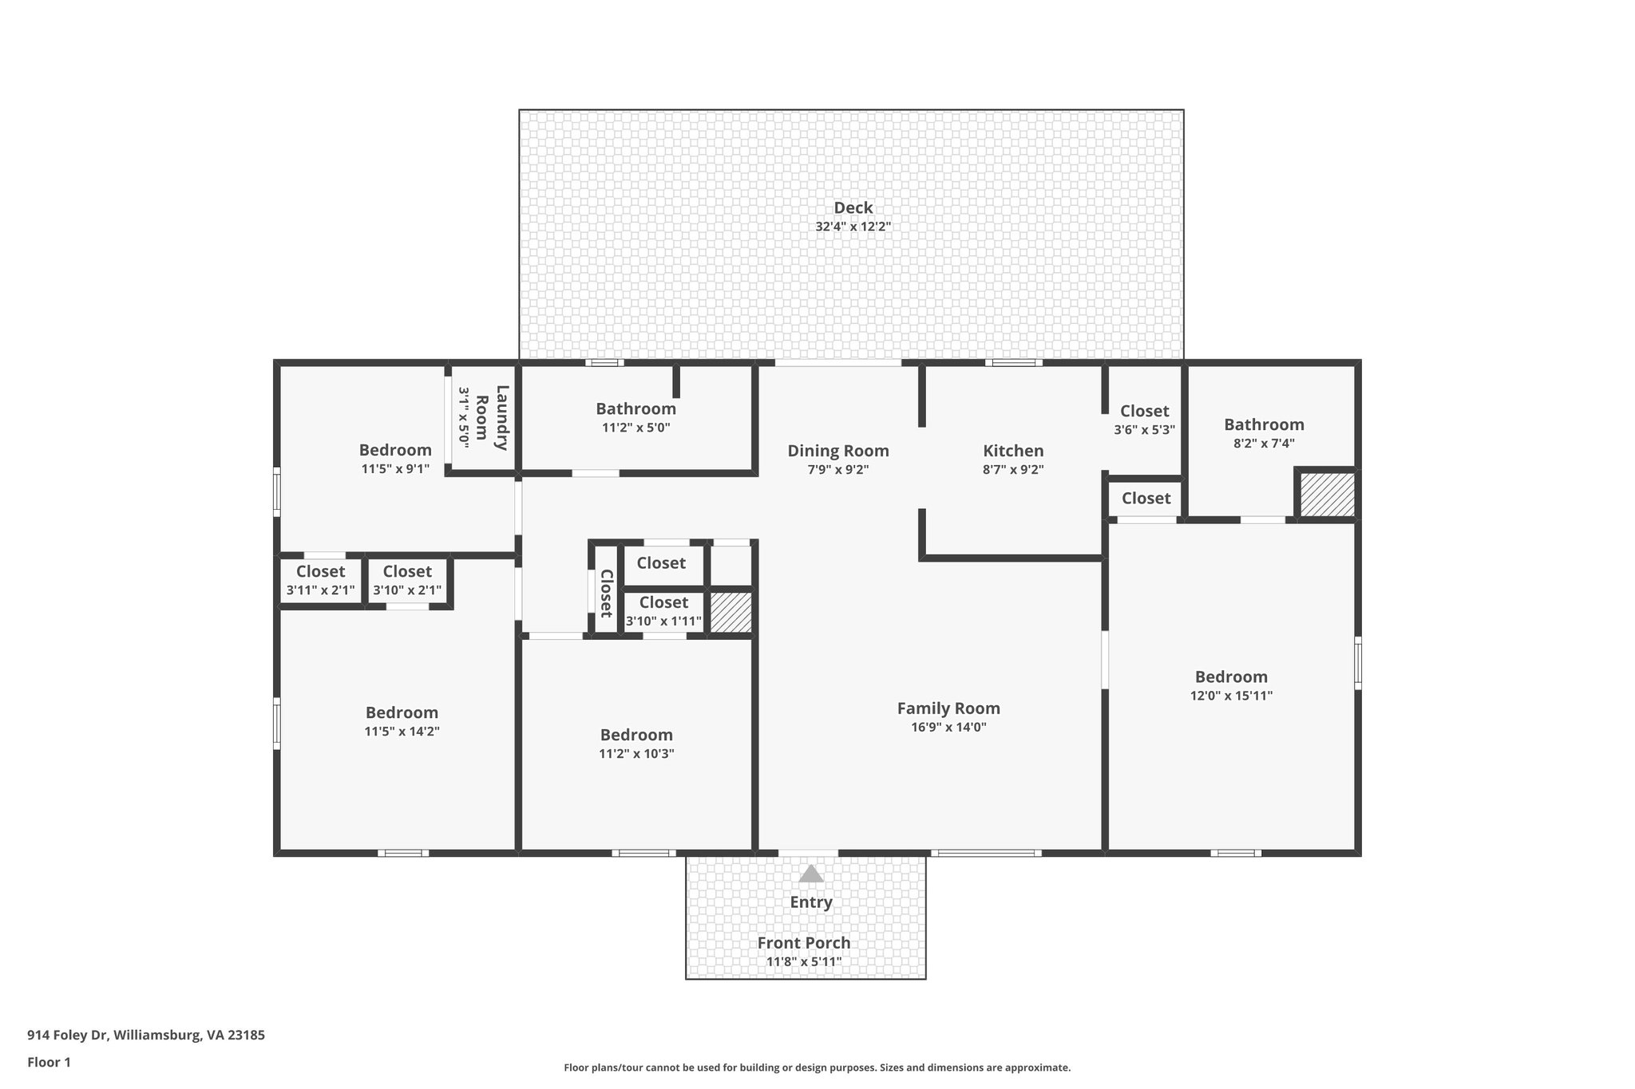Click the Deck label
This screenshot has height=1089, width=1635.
pos(853,208)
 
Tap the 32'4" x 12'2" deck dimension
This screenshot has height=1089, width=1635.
pos(853,227)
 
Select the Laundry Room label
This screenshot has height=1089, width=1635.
pos(491,417)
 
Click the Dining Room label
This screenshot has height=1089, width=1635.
pos(837,451)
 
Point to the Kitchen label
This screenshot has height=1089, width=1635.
pos(1012,451)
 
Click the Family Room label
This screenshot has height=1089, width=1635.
pos(948,708)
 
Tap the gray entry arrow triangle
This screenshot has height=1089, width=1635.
pos(811,874)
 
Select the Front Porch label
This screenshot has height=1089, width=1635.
pos(803,943)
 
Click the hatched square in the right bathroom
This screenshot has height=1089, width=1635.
pos(1326,495)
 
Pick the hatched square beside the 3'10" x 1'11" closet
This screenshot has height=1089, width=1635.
pos(730,613)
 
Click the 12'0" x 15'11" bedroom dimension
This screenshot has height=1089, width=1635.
pos(1230,696)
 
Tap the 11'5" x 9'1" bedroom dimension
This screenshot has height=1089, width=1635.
pos(395,469)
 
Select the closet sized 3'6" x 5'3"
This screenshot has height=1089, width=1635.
pos(1143,420)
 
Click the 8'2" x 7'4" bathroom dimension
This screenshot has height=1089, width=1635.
pos(1263,444)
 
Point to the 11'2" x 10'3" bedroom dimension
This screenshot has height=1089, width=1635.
pos(636,754)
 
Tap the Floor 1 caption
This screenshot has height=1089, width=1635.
pos(49,1062)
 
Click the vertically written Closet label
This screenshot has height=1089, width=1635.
pos(606,593)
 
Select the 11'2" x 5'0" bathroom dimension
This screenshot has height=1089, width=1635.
pos(635,428)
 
